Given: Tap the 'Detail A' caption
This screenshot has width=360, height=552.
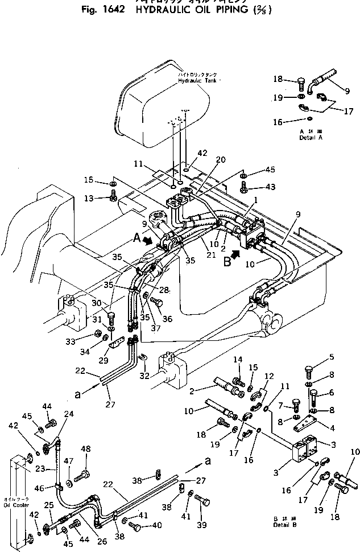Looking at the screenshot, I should (311, 137).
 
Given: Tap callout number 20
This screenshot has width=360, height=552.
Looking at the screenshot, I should (205, 159).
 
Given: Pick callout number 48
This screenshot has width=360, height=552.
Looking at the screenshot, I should (86, 448).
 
